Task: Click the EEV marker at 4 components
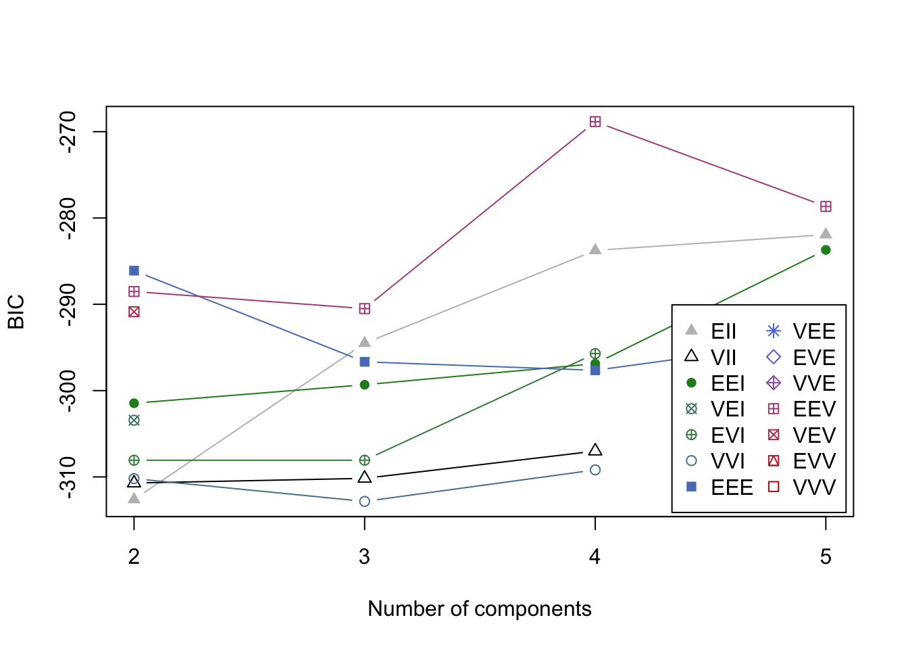595,122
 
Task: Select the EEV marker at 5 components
826,207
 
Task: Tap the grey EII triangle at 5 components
826,234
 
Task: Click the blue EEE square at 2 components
134,271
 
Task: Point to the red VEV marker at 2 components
134,312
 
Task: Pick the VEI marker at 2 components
134,420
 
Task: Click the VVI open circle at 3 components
365,502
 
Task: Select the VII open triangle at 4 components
595,450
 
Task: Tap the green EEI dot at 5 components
826,250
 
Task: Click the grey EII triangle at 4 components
595,249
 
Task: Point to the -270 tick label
68,132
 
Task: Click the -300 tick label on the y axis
68,391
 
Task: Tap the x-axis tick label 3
365,557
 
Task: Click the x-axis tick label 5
826,557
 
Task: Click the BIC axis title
16,312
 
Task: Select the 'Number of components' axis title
480,609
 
